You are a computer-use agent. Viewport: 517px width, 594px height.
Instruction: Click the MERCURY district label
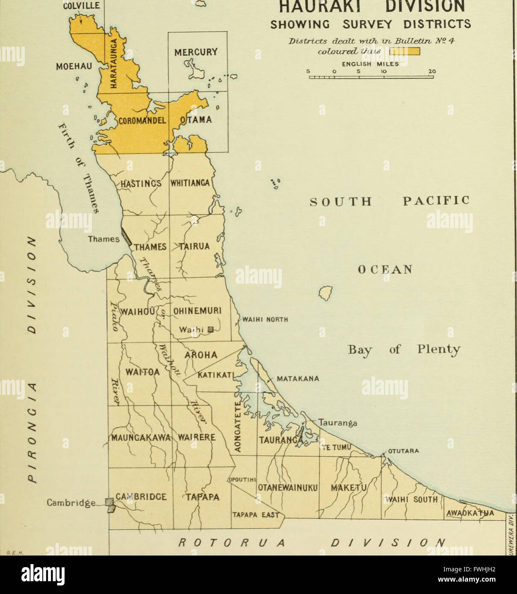click(x=196, y=53)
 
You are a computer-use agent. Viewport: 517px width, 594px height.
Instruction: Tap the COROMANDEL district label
click(x=142, y=121)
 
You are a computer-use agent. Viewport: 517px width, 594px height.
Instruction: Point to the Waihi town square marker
click(x=210, y=330)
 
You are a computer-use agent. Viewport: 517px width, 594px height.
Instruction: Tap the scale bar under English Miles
click(x=371, y=77)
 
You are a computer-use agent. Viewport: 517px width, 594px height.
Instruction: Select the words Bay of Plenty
click(x=404, y=350)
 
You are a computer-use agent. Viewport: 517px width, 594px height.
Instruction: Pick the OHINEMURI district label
click(x=197, y=311)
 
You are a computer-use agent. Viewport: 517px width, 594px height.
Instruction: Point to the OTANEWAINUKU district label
click(x=287, y=488)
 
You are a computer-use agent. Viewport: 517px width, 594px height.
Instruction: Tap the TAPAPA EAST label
click(x=255, y=515)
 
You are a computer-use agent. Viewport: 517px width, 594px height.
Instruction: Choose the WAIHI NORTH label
click(x=265, y=319)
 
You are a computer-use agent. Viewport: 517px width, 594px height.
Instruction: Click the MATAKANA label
click(x=298, y=379)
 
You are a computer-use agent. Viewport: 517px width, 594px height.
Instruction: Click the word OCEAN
click(x=384, y=270)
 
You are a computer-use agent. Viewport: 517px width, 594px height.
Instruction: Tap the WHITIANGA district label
click(x=190, y=183)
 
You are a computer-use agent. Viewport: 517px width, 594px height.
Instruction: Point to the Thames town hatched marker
click(x=126, y=236)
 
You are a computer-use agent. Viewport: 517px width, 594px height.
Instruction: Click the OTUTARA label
click(x=403, y=451)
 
